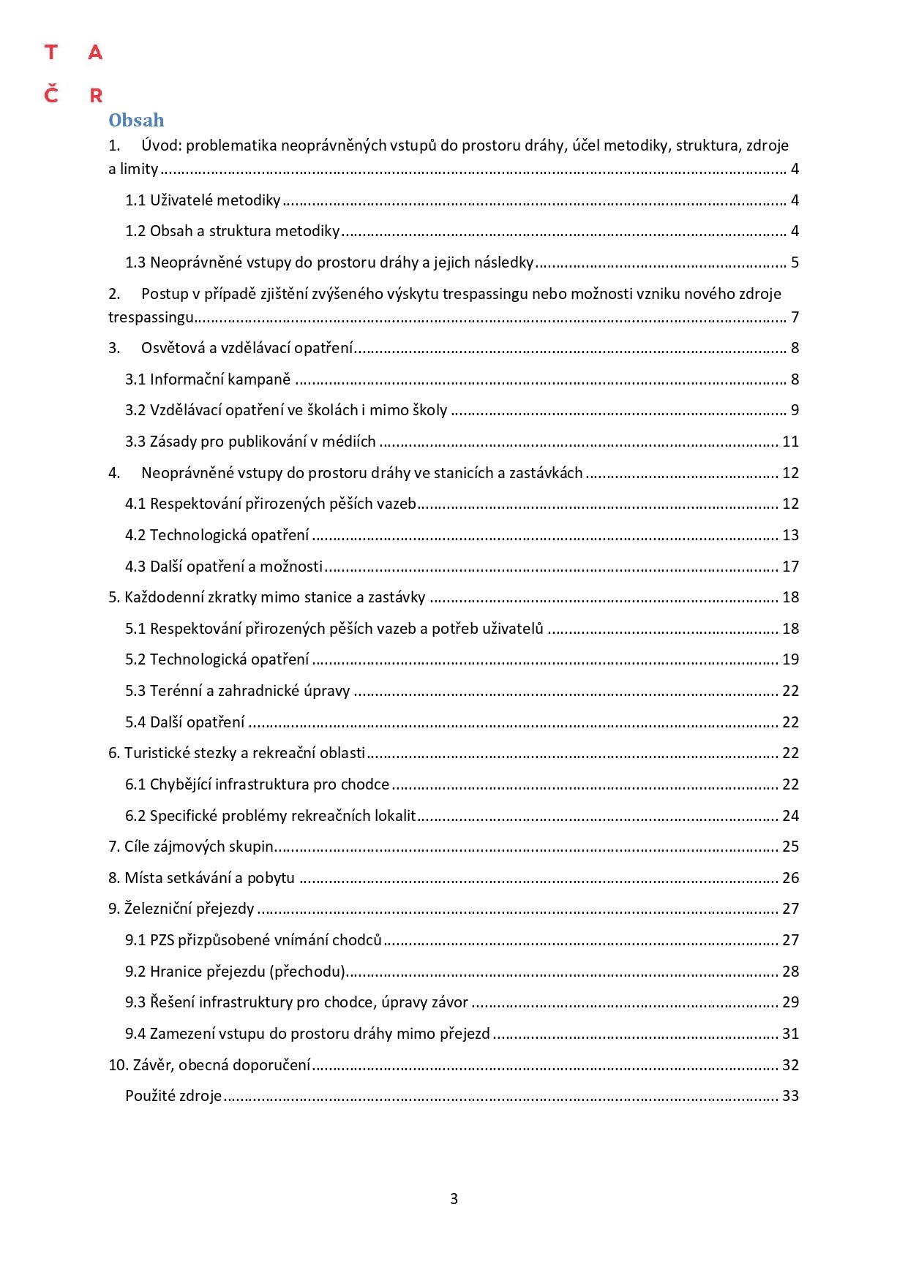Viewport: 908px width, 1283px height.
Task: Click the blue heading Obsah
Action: click(x=136, y=121)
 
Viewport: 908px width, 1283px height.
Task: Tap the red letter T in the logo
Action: click(x=50, y=53)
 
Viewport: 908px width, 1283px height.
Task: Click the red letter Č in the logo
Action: click(x=50, y=94)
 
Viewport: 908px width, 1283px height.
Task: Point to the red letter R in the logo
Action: click(x=96, y=96)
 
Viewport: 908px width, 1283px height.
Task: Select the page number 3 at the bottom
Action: click(x=454, y=1199)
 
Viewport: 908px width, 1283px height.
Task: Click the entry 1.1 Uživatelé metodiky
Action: click(x=203, y=200)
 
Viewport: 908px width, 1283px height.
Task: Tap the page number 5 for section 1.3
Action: click(x=795, y=262)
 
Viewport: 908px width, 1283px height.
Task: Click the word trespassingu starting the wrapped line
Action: click(x=151, y=317)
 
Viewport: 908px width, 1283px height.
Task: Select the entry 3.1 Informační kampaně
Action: click(x=208, y=379)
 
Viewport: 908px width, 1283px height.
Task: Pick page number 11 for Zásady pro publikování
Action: click(x=790, y=442)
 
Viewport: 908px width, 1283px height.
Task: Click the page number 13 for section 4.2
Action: click(x=790, y=535)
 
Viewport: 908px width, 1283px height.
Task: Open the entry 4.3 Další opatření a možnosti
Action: click(x=224, y=567)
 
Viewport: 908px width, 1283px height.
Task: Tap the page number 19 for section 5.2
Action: click(x=790, y=659)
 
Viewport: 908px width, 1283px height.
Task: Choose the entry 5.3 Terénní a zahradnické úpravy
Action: click(x=238, y=691)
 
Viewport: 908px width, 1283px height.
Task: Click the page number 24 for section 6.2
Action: click(x=790, y=816)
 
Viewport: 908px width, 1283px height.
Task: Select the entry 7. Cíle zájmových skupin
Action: click(x=190, y=847)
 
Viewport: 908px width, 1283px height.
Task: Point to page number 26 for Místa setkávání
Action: click(x=790, y=878)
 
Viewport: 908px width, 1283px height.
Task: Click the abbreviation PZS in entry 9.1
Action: click(x=162, y=940)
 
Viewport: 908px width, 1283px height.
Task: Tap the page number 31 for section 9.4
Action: click(x=790, y=1034)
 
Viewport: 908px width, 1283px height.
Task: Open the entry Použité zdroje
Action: click(x=173, y=1096)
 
